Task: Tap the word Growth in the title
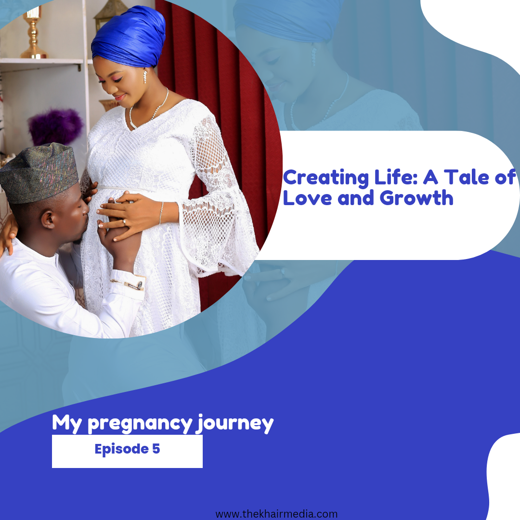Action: coord(416,198)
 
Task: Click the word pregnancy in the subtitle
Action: coord(140,425)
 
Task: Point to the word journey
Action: coord(234,424)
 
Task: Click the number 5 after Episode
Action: coord(156,448)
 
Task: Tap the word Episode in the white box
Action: coord(121,449)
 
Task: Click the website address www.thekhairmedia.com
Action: coord(276,514)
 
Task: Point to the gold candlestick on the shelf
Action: coord(33,33)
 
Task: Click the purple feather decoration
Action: coord(55,127)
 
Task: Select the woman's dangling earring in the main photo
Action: coord(145,77)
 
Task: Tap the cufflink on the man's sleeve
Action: coord(139,285)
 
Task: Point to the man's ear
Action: coord(49,220)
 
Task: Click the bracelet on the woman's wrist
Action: coord(161,213)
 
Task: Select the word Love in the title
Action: coord(307,198)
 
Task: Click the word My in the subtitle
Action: coord(67,424)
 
